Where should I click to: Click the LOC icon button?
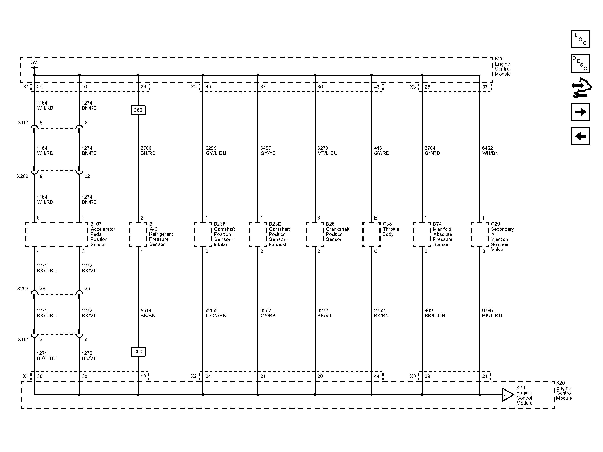pos(580,39)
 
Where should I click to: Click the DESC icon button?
pos(580,63)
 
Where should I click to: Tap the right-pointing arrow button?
pos(580,112)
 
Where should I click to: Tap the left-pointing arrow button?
pos(580,136)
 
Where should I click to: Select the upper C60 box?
pos(138,110)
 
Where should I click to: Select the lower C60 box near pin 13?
pos(138,351)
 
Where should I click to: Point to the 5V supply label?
pos(34,62)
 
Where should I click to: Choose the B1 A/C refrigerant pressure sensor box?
pos(138,235)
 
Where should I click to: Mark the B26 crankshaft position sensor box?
pos(315,235)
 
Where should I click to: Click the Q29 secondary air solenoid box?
pos(480,235)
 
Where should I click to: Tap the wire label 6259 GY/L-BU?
pos(216,151)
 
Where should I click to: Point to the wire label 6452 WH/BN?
pos(490,151)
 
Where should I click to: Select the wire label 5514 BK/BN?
pos(148,313)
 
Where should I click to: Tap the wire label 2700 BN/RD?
pos(148,151)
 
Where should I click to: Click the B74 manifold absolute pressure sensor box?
pos(422,235)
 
